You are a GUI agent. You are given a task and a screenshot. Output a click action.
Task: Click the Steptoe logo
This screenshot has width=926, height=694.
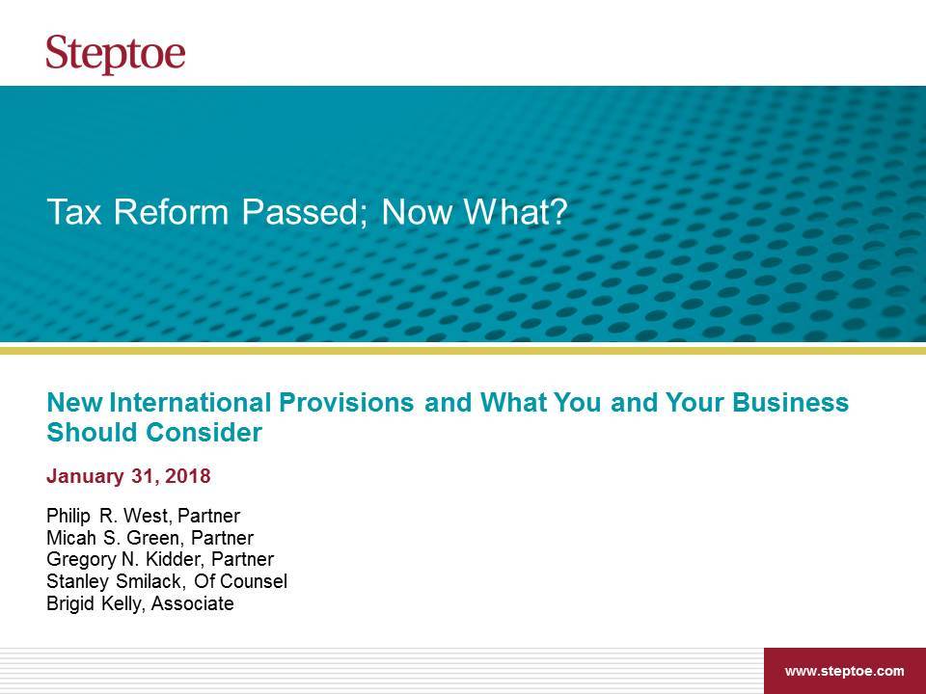coord(116,54)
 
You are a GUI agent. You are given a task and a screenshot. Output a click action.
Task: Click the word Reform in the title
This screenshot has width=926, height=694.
coord(172,212)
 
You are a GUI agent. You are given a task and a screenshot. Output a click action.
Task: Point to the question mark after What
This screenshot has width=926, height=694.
coord(557,212)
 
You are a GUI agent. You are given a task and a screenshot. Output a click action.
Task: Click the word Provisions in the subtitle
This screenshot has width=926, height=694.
coord(346,403)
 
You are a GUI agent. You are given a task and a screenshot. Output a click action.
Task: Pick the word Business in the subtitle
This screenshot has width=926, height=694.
coord(790,403)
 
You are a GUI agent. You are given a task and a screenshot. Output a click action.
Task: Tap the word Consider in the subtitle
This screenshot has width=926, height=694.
coord(204,432)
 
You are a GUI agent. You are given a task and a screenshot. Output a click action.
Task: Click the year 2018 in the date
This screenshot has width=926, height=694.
coord(188,476)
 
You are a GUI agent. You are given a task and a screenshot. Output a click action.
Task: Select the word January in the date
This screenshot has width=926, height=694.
coord(85,477)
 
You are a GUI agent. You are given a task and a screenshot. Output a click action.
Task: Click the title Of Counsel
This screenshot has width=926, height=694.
coord(240,581)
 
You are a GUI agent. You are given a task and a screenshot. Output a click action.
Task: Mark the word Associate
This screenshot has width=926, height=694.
coord(193,603)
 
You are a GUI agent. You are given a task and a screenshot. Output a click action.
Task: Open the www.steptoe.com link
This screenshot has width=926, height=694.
coord(844,671)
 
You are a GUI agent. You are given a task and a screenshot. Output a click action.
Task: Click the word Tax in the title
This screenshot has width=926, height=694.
coord(74,212)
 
